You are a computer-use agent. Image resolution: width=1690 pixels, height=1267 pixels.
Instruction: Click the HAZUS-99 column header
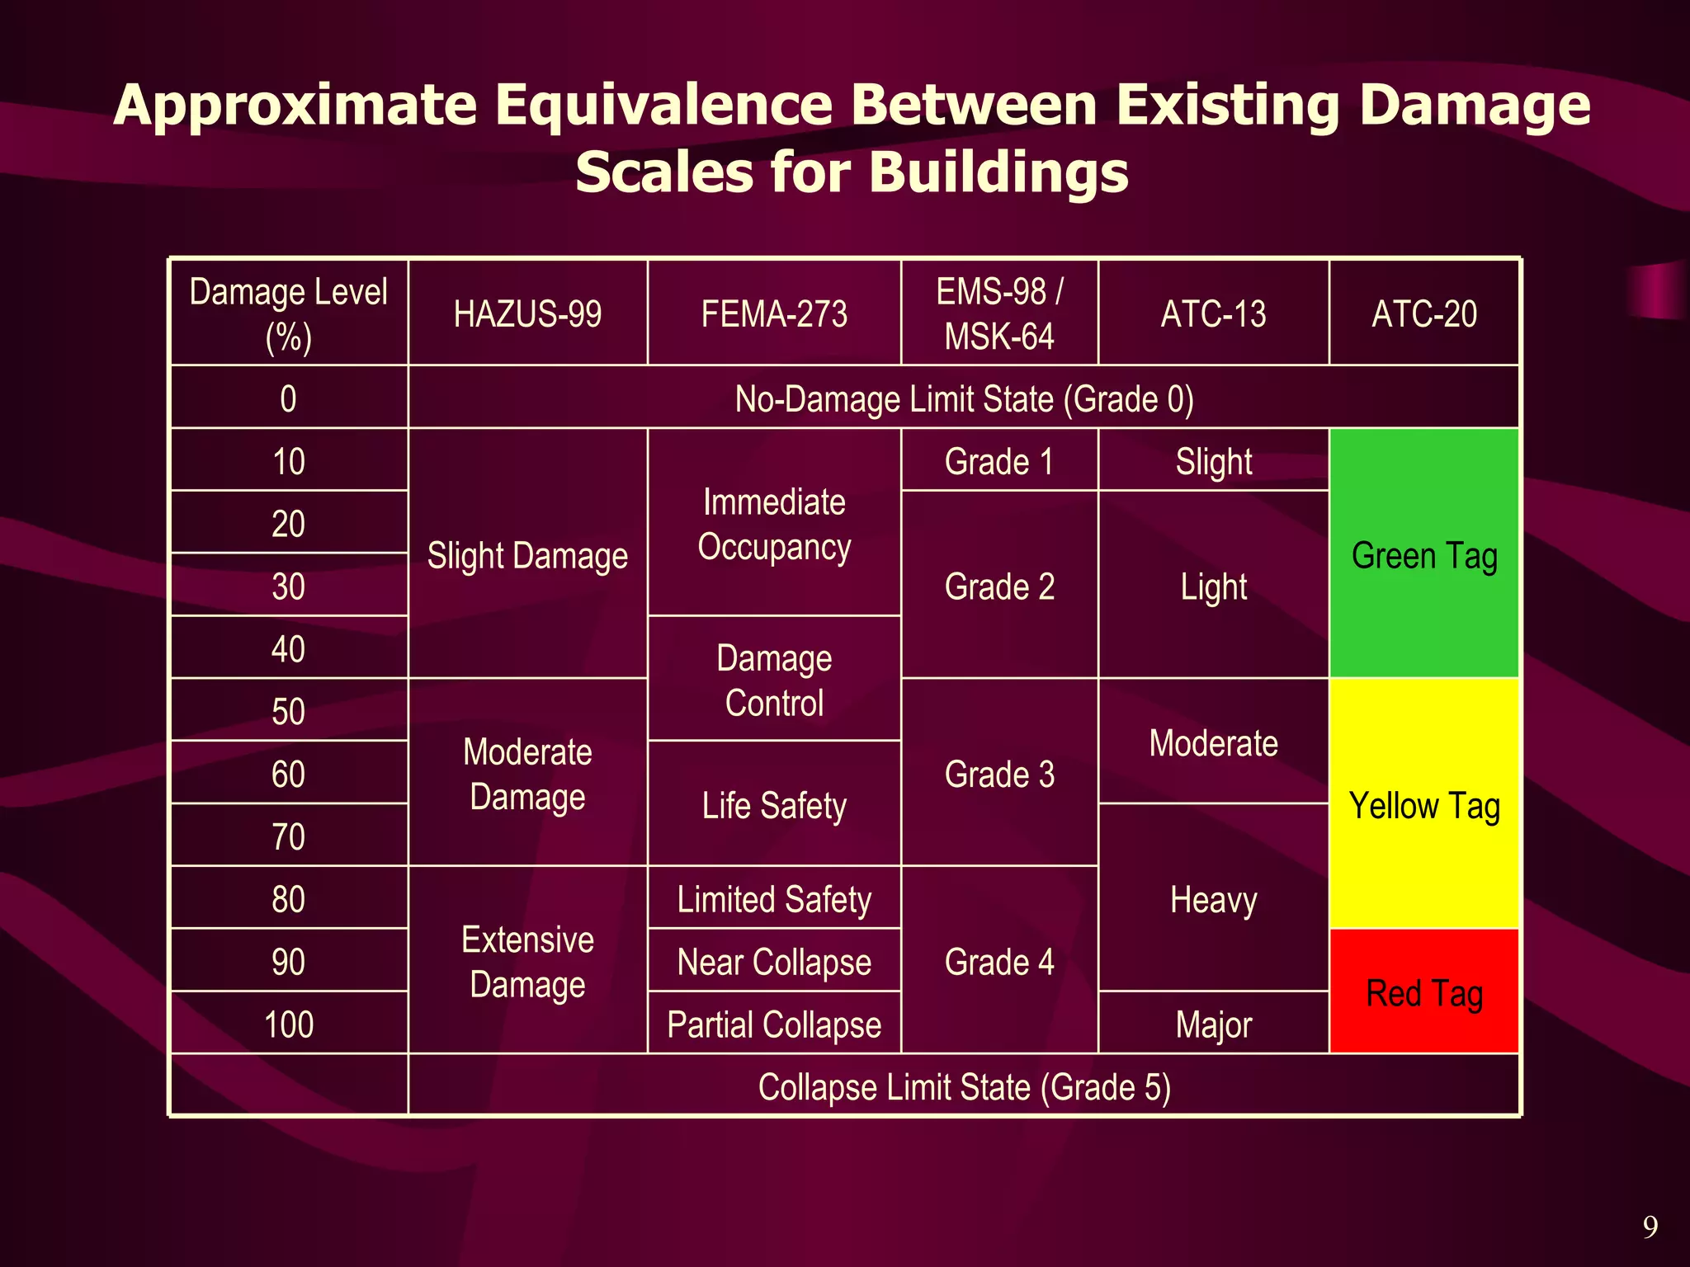(527, 313)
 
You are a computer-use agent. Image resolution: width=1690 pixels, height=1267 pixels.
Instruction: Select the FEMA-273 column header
(774, 313)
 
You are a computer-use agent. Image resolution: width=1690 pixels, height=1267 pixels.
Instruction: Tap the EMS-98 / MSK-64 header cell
(999, 313)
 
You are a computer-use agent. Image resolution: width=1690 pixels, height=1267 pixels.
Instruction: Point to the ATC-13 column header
(1213, 313)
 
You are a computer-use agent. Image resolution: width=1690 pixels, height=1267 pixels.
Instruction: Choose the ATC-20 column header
(1424, 313)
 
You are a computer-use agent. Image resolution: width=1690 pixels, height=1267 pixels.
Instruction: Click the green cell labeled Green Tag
(1424, 554)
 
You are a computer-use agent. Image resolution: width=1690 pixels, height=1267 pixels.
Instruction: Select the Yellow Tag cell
(1424, 805)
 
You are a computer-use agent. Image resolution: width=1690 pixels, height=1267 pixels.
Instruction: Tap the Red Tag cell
(1424, 992)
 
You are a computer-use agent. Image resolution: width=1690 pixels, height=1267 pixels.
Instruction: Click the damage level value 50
(288, 711)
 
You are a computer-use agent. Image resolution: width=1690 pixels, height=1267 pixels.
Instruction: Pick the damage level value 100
(288, 1024)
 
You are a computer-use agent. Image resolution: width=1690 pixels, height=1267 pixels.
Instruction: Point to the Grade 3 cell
(999, 774)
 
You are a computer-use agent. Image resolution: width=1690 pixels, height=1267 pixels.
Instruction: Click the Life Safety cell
(774, 805)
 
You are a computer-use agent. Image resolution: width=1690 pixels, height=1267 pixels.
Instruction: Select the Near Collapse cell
(774, 961)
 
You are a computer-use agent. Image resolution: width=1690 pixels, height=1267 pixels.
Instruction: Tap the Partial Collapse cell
(774, 1024)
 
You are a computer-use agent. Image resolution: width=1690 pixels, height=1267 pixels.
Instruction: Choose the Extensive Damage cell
(527, 962)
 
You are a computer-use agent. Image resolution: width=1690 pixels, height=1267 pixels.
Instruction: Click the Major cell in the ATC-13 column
(1213, 1024)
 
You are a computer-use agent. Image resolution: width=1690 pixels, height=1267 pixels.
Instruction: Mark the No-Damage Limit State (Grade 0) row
(964, 398)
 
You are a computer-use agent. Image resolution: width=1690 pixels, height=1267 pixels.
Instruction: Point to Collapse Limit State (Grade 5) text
(964, 1086)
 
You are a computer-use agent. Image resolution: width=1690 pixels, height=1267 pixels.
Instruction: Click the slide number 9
(1650, 1227)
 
